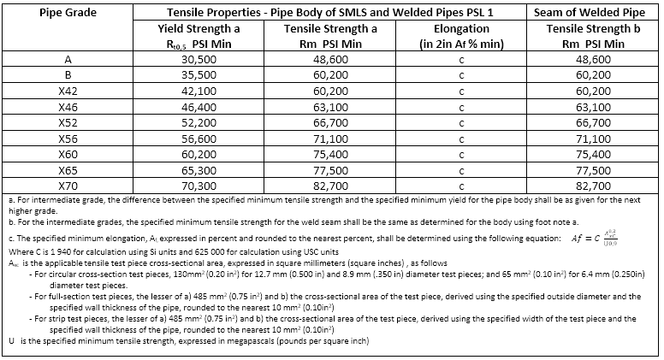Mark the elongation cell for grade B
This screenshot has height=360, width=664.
(x=461, y=76)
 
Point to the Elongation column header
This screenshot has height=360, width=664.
(x=461, y=28)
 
